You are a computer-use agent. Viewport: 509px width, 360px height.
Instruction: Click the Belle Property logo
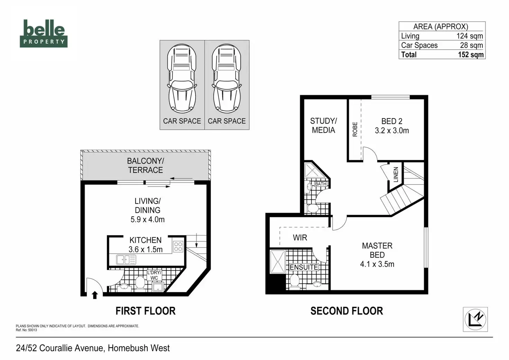(44, 33)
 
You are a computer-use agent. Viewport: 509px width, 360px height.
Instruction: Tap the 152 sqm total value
(471, 55)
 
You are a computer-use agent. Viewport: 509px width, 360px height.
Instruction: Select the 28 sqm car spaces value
(471, 45)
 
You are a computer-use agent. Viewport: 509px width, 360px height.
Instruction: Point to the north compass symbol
(475, 319)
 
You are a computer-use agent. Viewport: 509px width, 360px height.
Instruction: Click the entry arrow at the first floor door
(95, 295)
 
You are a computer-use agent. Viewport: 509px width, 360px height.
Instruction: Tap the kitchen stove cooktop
(178, 247)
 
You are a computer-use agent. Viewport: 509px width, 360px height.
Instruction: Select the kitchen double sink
(126, 259)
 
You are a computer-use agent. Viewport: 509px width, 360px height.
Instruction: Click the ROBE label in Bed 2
(355, 129)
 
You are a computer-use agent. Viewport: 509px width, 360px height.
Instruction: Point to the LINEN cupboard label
(396, 175)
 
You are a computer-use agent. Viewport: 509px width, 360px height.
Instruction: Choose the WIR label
(300, 238)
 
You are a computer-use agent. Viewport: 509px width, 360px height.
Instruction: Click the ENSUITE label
(304, 267)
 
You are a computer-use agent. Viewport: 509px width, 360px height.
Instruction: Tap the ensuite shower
(278, 261)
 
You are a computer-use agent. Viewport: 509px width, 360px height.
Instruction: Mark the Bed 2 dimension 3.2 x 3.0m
(392, 131)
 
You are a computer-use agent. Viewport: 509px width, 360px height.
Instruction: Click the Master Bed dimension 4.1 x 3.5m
(377, 264)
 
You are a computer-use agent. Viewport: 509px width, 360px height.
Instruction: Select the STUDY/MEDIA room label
(323, 126)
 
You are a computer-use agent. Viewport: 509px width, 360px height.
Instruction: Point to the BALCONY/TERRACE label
(145, 166)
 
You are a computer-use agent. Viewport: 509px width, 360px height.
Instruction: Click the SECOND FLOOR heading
(346, 311)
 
